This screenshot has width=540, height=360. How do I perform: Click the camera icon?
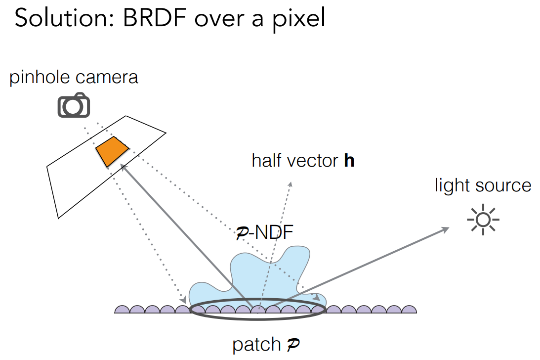[x=74, y=105]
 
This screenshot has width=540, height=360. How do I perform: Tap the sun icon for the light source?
[x=483, y=219]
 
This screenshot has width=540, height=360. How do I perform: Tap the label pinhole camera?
[x=74, y=78]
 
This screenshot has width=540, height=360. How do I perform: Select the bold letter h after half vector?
[x=349, y=161]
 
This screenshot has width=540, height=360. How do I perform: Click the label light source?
[x=483, y=186]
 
